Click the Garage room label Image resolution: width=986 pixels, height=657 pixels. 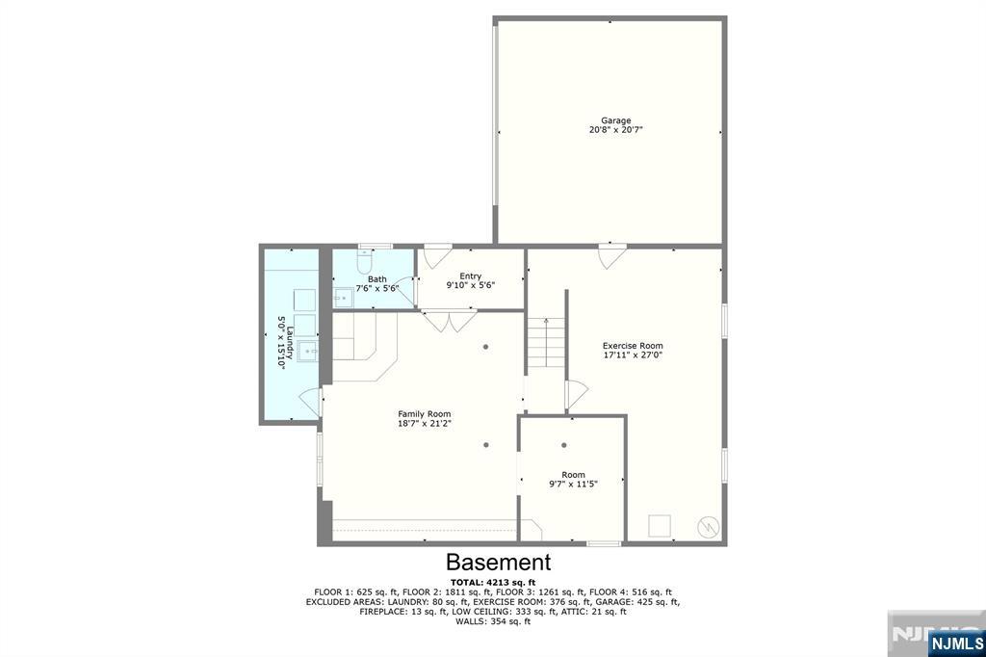click(610, 120)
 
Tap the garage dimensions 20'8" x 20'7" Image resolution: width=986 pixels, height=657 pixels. click(610, 130)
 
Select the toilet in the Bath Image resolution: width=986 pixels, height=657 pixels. click(364, 261)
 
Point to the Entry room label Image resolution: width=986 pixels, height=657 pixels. click(470, 276)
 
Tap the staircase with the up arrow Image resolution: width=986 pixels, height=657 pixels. click(545, 341)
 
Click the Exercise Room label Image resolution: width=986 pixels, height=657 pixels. click(633, 346)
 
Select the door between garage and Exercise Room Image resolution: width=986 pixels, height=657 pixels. click(610, 256)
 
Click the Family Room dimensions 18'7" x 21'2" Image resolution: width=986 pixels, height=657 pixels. click(425, 423)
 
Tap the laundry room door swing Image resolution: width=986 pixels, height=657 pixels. click(310, 401)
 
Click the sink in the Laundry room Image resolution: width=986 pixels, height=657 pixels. click(306, 349)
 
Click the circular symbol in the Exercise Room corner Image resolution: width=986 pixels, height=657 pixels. click(708, 526)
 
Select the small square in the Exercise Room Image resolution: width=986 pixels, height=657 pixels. click(660, 526)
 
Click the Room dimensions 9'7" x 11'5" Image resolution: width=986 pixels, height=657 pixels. click(574, 484)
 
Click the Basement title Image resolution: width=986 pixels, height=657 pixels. click(498, 563)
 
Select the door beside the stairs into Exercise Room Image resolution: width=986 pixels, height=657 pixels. click(576, 393)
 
